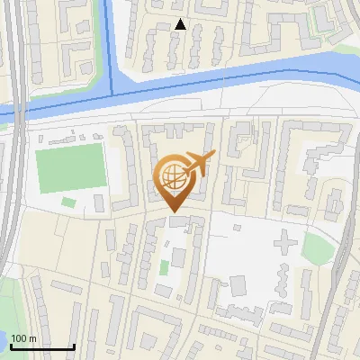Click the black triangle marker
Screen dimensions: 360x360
181,24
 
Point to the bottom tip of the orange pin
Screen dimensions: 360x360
174,213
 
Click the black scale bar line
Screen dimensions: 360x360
41,346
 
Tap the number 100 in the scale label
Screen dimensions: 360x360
20,338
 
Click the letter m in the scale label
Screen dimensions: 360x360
33,338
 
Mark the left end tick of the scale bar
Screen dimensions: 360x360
10,345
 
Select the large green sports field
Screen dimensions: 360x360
71,168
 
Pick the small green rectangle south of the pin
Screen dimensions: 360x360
164,267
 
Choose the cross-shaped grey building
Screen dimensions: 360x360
283,242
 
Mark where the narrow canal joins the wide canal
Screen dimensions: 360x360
112,93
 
